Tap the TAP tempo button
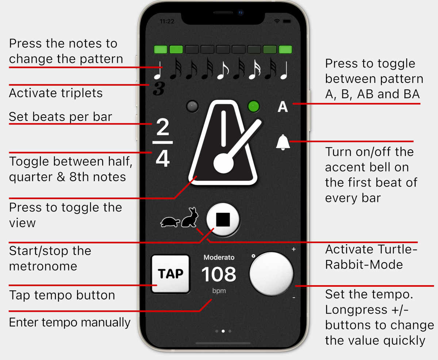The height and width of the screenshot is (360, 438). coord(170,274)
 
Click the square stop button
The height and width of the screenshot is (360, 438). coord(223,220)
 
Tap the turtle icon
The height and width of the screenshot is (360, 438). coord(170,222)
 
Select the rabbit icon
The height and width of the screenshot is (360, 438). coord(190,218)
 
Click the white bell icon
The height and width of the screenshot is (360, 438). coord(283,142)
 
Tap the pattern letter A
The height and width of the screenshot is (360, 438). coord(283,107)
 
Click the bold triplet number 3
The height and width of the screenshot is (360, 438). coord(158,89)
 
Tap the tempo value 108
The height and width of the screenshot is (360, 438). coord(219,275)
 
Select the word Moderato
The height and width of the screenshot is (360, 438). coord(219,257)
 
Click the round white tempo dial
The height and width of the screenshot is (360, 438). coord(271,273)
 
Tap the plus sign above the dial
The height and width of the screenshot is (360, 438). coord(293,249)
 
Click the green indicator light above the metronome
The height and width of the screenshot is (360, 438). coord(253,107)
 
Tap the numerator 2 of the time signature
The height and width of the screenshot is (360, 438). coord(163,128)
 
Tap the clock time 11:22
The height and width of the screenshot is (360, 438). coord(167,22)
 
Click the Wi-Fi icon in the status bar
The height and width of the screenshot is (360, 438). coord(277,22)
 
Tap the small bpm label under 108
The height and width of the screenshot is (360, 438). coord(219,291)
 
